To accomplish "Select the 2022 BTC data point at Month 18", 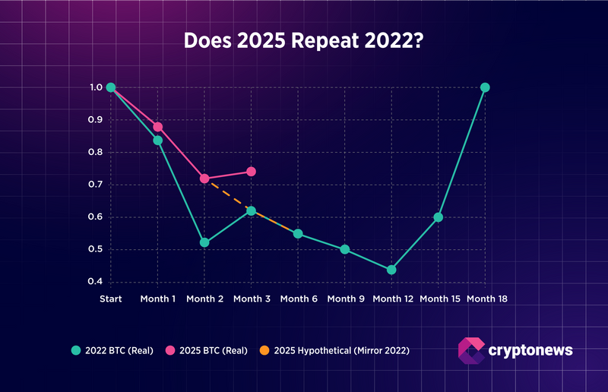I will coord(485,87).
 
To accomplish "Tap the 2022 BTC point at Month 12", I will coord(391,270).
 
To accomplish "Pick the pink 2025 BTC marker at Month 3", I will coord(251,172).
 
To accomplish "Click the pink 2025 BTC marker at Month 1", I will coord(158,127).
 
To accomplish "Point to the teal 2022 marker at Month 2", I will coord(204,242).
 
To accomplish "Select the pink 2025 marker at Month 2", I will coord(204,179).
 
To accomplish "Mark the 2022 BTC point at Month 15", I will coord(438,217).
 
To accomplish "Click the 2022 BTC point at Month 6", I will coord(298,233).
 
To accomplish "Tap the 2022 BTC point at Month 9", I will coord(344,249).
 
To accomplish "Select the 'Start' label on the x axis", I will coord(111,299).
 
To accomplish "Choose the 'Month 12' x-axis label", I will coord(391,299).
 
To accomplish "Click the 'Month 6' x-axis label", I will coord(298,299).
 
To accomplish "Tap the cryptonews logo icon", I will coord(471,350).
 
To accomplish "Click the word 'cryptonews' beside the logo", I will coord(530,350).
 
